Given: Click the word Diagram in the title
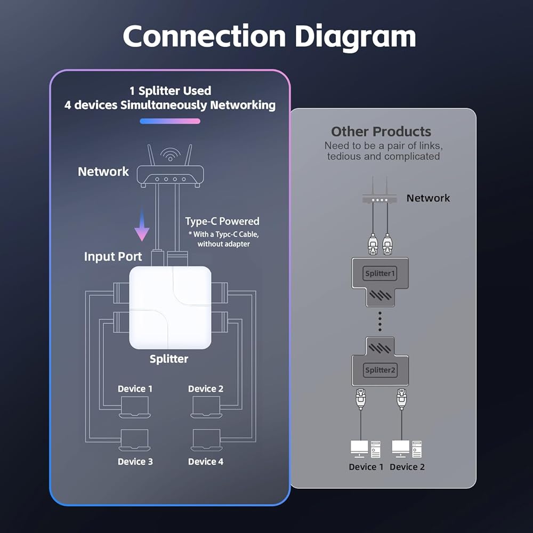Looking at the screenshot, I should tap(355, 37).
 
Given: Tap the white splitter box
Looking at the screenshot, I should tap(171, 308).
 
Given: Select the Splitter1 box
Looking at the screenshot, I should tap(380, 274).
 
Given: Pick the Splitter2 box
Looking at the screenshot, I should tap(380, 370).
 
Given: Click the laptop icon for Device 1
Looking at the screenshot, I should tap(134, 408).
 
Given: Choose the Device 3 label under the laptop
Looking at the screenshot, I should tap(135, 461).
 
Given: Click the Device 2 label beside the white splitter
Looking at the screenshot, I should tap(206, 389).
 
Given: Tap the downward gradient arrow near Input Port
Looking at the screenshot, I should tap(142, 226).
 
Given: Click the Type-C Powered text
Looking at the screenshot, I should tap(222, 221).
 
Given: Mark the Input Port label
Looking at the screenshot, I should tap(113, 256).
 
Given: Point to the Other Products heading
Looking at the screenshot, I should tap(381, 132).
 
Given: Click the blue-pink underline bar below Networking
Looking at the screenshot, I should tap(170, 121).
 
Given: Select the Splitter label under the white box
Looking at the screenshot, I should tap(169, 359).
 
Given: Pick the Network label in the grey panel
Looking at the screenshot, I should tap(428, 198).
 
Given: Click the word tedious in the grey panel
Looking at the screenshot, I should tap(346, 156).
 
